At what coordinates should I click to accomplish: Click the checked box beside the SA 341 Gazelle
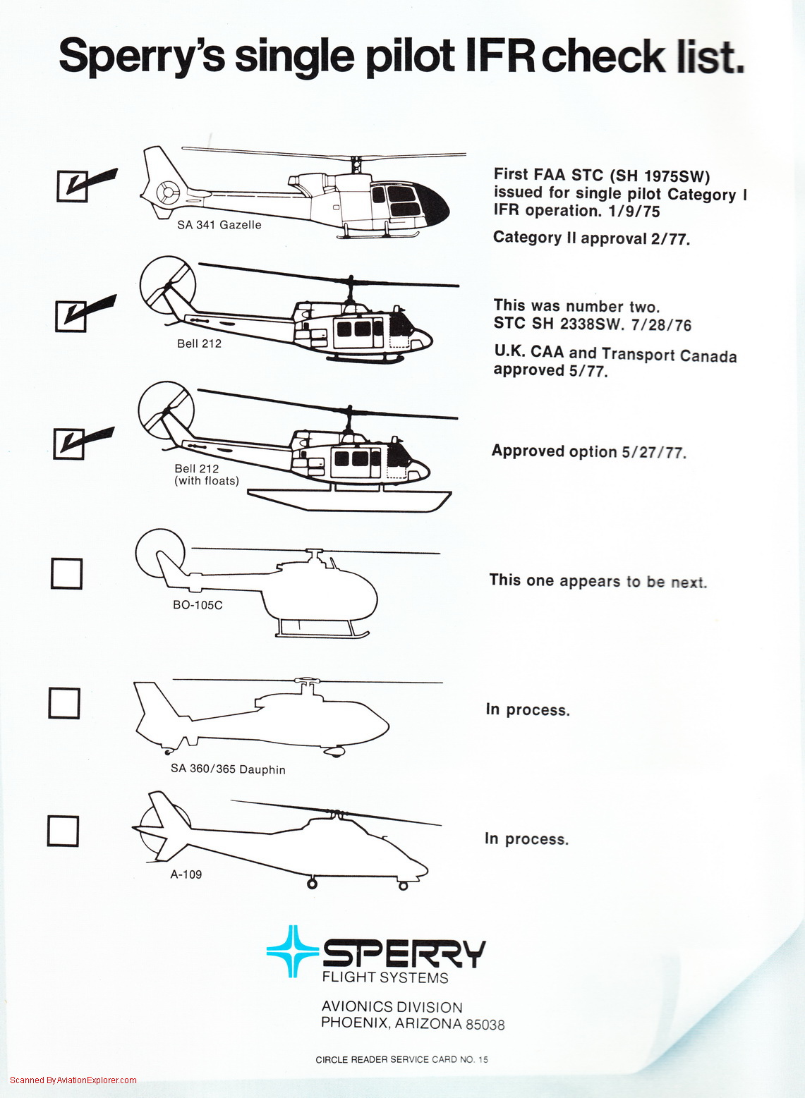coord(72,186)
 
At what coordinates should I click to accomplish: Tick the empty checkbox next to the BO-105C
coord(67,573)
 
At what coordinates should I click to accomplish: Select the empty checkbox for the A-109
coord(63,831)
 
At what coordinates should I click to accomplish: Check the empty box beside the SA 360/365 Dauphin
coord(64,703)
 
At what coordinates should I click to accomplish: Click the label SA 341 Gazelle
coord(219,225)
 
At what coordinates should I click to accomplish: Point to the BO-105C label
coord(198,605)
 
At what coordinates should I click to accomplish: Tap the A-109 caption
coord(186,874)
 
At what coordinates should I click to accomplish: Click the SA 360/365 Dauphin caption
coord(228,769)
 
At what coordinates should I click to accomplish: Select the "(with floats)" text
coord(207,481)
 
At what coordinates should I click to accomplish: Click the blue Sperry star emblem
coord(293,951)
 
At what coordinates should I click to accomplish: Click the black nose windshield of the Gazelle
coord(431,202)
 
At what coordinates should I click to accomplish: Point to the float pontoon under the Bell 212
coord(349,501)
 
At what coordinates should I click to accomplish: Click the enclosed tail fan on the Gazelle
coord(168,192)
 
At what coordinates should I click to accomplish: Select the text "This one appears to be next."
coord(598,581)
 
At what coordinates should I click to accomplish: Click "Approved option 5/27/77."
coord(589,451)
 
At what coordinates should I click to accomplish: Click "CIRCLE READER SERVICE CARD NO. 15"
coord(402,1060)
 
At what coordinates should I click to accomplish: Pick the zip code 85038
coord(485,1025)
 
